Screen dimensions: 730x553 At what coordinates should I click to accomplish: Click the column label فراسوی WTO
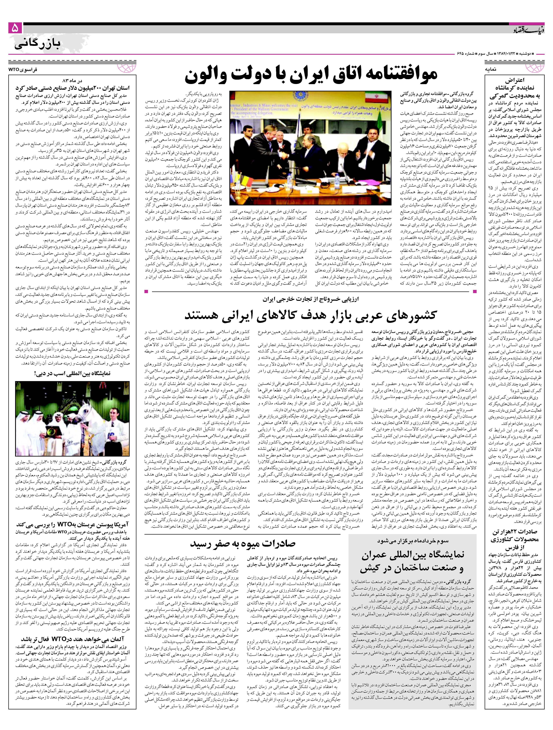[x=23, y=70]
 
